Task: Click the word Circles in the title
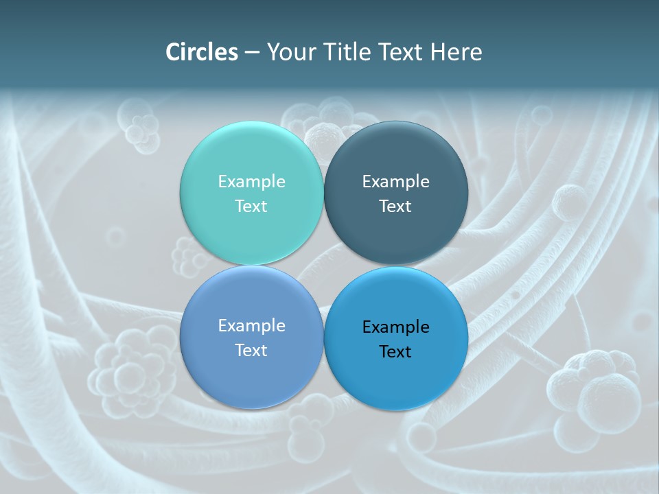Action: [202, 52]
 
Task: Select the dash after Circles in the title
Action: [252, 53]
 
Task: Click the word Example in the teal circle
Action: [251, 181]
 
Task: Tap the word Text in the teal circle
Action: [251, 206]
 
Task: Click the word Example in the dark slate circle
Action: [396, 181]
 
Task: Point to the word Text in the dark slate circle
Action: [396, 206]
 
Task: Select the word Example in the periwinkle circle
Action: [251, 325]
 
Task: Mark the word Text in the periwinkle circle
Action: [251, 350]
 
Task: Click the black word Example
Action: [396, 327]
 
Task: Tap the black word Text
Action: [396, 351]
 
